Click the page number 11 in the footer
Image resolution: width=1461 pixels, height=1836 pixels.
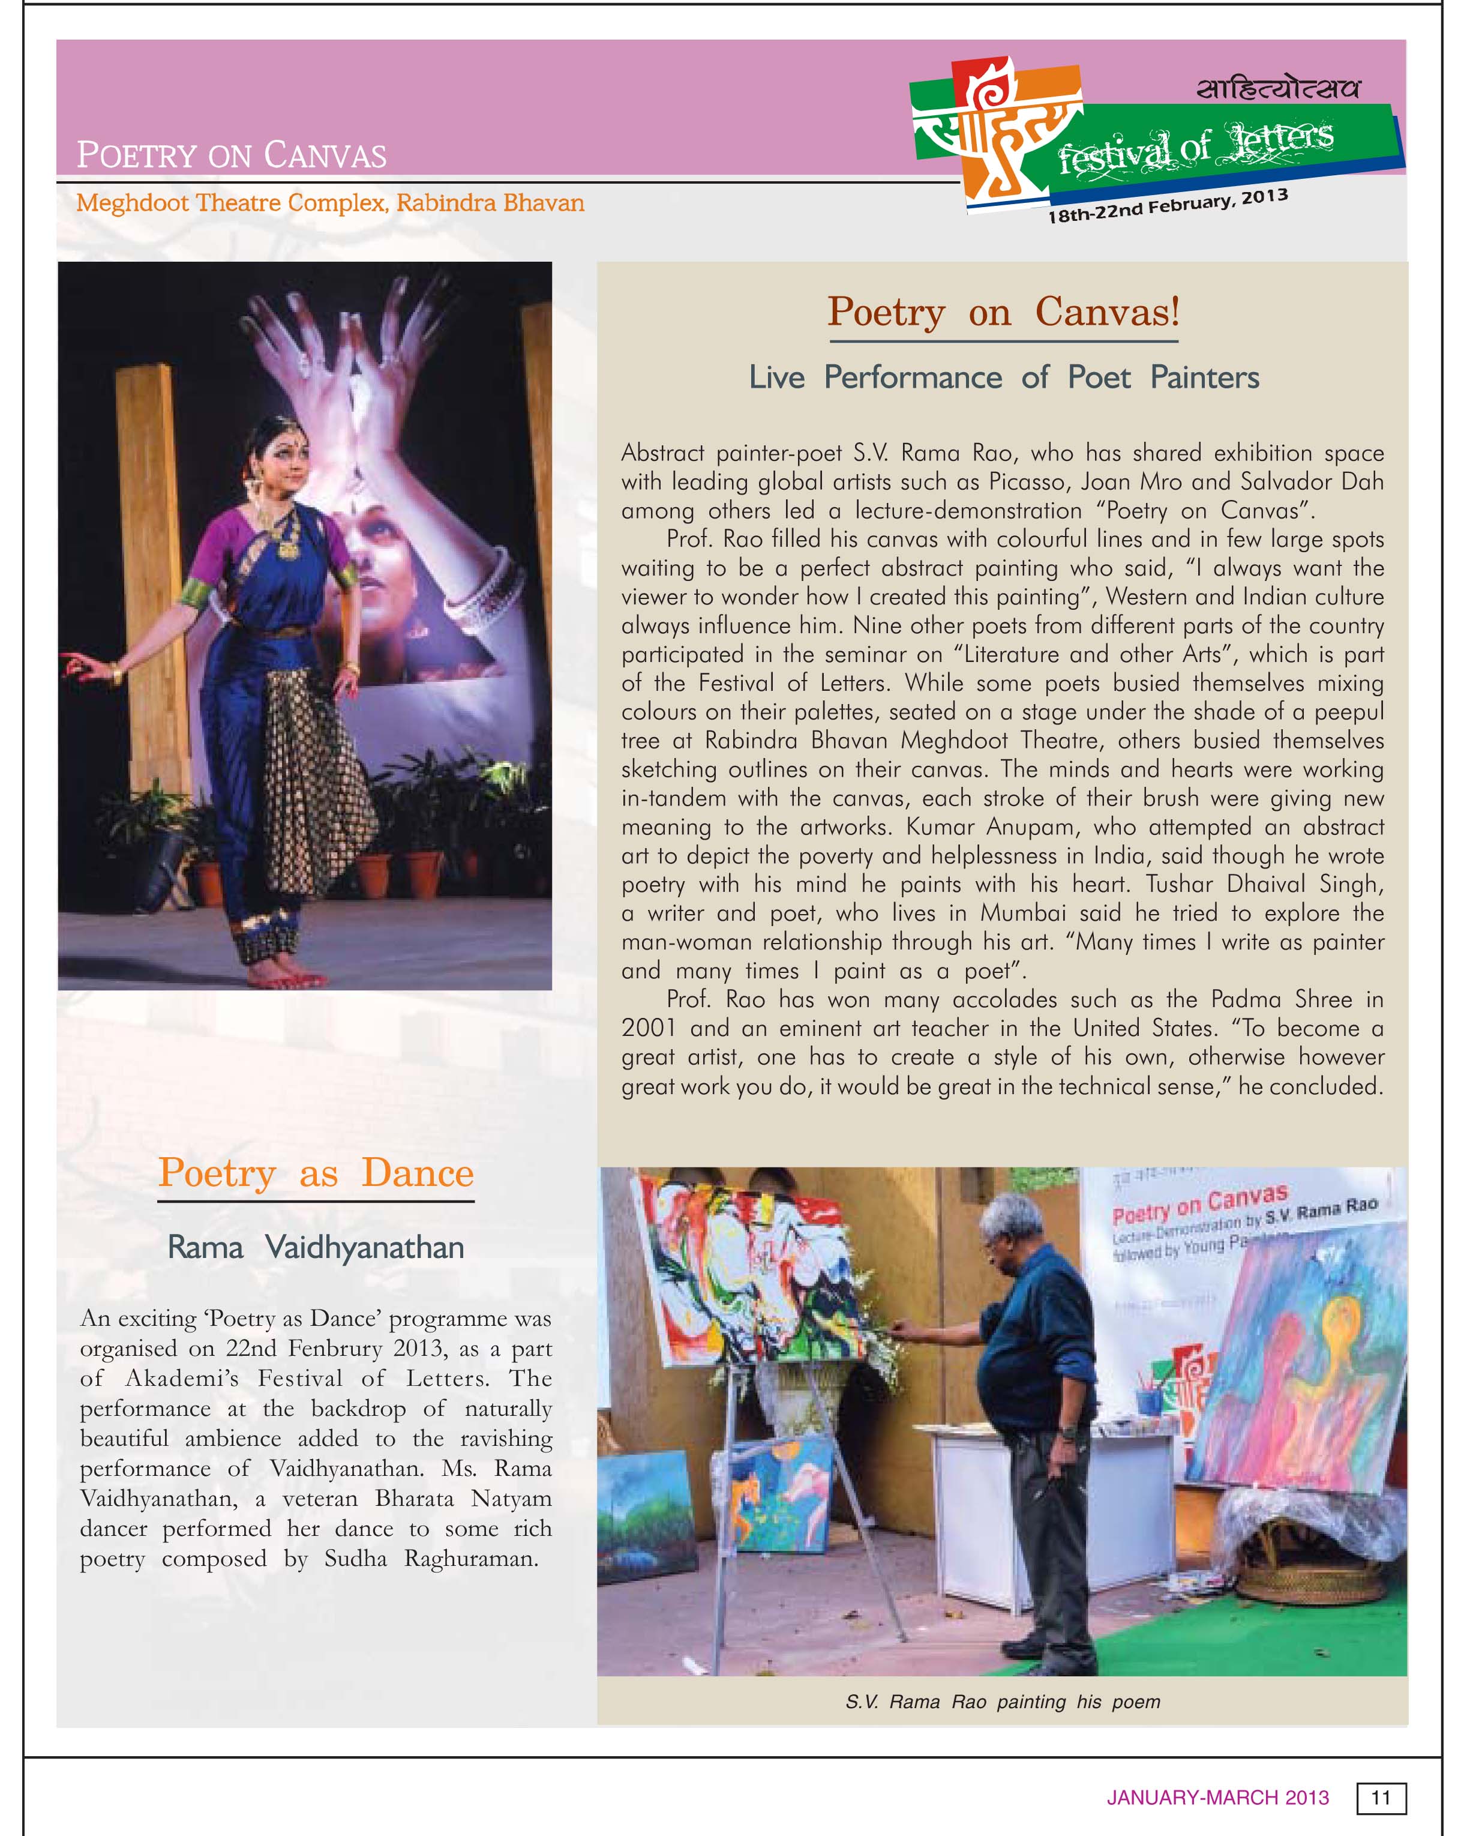pyautogui.click(x=1380, y=1797)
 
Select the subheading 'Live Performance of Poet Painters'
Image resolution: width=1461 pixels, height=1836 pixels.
pyautogui.click(x=1003, y=378)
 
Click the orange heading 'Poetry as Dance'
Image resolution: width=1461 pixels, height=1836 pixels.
pyautogui.click(x=315, y=1173)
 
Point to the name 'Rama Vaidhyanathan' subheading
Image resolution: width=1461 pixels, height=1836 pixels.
pyautogui.click(x=315, y=1248)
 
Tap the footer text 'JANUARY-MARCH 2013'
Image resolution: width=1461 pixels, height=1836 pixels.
pyautogui.click(x=1217, y=1798)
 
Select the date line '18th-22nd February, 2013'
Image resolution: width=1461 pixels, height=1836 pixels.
pyautogui.click(x=1166, y=205)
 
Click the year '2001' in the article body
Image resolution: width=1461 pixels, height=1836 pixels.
pyautogui.click(x=648, y=1028)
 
